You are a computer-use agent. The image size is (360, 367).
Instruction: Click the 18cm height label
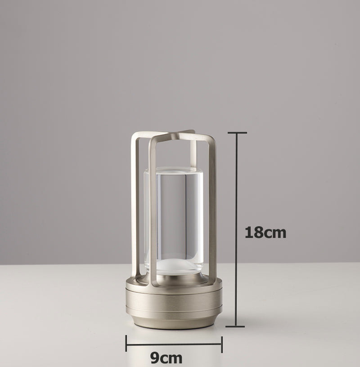tap(265, 232)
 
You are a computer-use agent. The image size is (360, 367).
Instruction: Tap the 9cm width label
tap(166, 358)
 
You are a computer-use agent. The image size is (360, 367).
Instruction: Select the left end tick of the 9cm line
tap(126, 344)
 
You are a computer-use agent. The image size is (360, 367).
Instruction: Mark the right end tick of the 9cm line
tap(221, 344)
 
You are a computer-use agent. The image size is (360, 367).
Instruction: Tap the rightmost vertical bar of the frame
tap(213, 207)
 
